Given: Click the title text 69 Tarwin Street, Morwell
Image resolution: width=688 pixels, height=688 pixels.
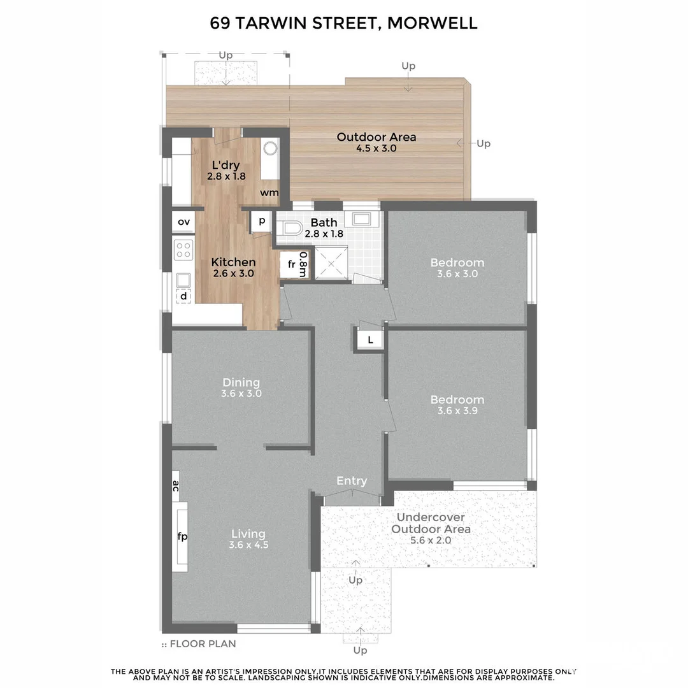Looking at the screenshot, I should [344, 24].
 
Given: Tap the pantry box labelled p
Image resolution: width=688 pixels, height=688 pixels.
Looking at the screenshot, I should [261, 221].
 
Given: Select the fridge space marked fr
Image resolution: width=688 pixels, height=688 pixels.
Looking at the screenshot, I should [291, 265].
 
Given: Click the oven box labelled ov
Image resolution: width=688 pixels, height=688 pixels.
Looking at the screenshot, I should [183, 222].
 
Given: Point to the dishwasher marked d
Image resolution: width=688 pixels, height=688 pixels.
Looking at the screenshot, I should [184, 296].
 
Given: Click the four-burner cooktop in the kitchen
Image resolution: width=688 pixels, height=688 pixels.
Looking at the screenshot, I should [184, 249].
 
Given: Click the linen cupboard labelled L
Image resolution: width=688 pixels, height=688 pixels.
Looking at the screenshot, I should [370, 340].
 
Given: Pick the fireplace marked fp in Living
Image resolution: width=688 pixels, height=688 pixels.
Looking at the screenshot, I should [182, 536].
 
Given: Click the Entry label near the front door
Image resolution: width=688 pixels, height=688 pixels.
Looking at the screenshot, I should [352, 481].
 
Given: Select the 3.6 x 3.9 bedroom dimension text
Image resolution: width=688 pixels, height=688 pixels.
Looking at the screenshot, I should [457, 411].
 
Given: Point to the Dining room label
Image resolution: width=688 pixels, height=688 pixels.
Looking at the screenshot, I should [241, 382].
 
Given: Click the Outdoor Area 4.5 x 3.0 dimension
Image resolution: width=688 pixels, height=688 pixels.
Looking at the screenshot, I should [376, 148].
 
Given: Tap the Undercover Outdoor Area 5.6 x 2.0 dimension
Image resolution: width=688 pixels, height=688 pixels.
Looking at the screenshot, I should [431, 540].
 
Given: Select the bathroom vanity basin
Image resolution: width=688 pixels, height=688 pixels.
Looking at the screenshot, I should [362, 219].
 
